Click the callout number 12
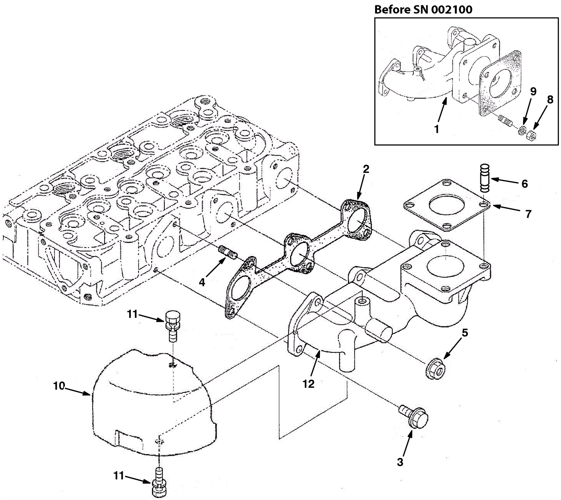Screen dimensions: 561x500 pyautogui.click(x=309, y=384)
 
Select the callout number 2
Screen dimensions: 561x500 pyautogui.click(x=366, y=169)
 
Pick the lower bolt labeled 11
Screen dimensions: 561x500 pyautogui.click(x=159, y=484)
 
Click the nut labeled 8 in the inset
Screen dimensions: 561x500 pyautogui.click(x=532, y=135)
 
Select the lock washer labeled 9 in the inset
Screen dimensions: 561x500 pyautogui.click(x=522, y=131)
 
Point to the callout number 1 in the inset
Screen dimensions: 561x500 pyautogui.click(x=437, y=129)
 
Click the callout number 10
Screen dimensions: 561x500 pyautogui.click(x=59, y=386)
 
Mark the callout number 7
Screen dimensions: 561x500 pyautogui.click(x=528, y=214)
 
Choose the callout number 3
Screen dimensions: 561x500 pyautogui.click(x=400, y=462)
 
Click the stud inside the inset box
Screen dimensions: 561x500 pyautogui.click(x=505, y=120)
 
